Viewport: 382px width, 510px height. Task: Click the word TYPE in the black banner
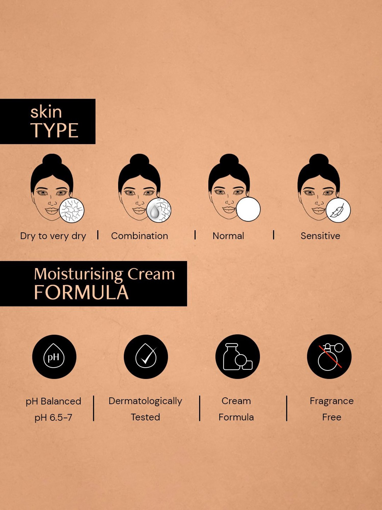tap(54, 131)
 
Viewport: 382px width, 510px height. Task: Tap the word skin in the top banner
tap(46, 112)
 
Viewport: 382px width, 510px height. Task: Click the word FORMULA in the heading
tap(81, 292)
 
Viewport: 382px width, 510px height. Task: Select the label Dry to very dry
tap(53, 236)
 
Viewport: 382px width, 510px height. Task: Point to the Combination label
tap(140, 236)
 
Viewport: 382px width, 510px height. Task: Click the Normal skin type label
tap(228, 236)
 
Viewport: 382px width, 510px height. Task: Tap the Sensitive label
tap(320, 236)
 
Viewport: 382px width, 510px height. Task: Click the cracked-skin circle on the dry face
tap(72, 210)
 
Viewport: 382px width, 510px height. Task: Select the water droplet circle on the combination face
tap(159, 210)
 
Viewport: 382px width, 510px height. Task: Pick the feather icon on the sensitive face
tap(338, 210)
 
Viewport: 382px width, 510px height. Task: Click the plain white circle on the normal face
tap(248, 209)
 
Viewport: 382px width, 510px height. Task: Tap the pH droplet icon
tap(54, 356)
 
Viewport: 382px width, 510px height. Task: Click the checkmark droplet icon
tap(146, 356)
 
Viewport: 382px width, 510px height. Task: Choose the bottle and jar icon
tap(237, 356)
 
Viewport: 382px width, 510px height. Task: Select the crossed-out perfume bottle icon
tap(329, 356)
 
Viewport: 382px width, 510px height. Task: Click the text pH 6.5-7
tap(53, 417)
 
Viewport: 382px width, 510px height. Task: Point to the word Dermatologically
tap(145, 401)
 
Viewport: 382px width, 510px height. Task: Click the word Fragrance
tap(332, 401)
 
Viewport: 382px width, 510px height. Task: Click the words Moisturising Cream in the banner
tap(104, 274)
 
